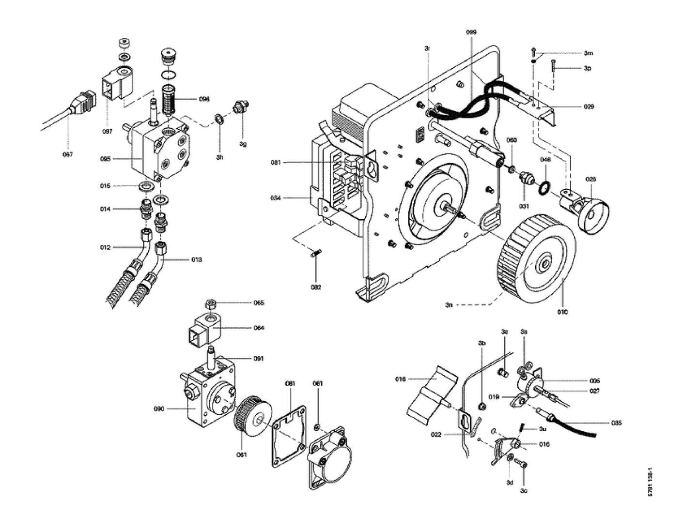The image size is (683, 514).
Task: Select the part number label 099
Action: (x=471, y=32)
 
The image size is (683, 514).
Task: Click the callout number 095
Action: (x=105, y=159)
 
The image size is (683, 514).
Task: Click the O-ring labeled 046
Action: (x=544, y=186)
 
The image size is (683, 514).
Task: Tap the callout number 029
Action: (x=588, y=106)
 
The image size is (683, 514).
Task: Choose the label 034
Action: (x=276, y=198)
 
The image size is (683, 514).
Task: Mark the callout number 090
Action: (x=159, y=409)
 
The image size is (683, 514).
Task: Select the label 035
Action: (x=616, y=423)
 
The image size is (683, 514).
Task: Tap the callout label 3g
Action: (x=243, y=144)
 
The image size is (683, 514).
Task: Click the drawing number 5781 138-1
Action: (x=652, y=482)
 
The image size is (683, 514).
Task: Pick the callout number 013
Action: (x=196, y=260)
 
